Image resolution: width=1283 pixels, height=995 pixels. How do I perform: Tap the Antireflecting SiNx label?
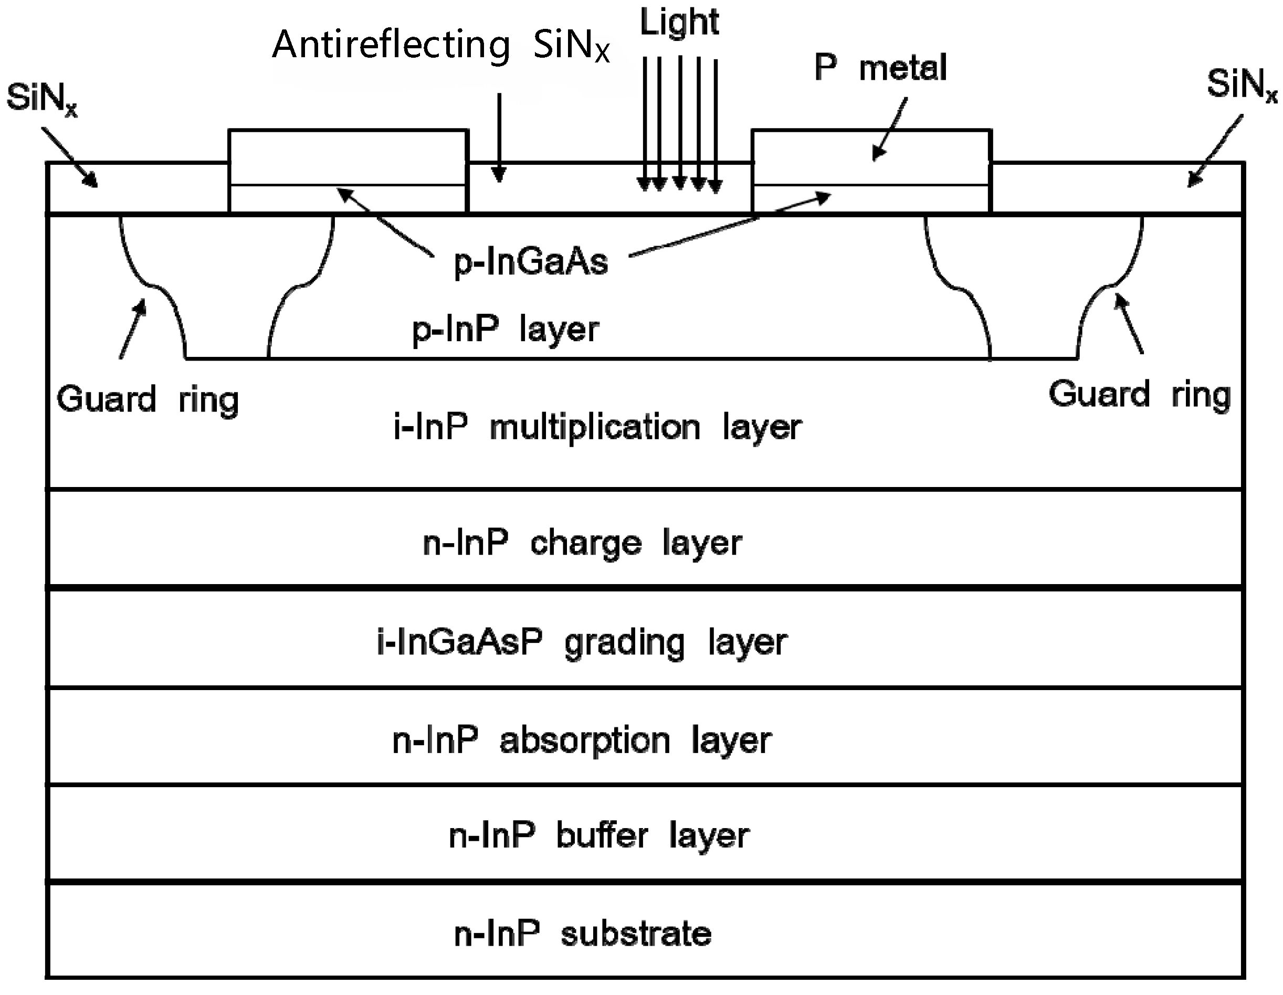(x=440, y=45)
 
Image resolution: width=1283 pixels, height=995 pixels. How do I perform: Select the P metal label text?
(x=880, y=68)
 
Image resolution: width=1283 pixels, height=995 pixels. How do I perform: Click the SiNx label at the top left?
(x=41, y=99)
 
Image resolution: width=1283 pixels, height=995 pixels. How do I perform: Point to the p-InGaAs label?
(x=530, y=262)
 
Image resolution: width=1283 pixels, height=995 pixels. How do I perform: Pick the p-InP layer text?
(x=505, y=329)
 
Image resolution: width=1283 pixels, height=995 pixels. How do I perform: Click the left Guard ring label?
(x=148, y=400)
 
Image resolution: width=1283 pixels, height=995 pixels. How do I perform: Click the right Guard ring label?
(x=1139, y=395)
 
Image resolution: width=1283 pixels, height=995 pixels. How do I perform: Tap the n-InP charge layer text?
(x=582, y=543)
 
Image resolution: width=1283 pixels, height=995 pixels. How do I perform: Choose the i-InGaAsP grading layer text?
(x=582, y=642)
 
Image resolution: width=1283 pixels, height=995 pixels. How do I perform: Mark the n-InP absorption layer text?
(x=582, y=740)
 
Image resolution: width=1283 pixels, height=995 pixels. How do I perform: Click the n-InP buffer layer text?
(x=598, y=836)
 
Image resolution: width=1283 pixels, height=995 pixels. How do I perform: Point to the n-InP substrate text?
(x=582, y=934)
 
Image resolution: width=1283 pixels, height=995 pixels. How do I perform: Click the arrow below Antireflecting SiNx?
(x=499, y=138)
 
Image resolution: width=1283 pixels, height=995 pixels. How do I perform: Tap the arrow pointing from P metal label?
(x=890, y=129)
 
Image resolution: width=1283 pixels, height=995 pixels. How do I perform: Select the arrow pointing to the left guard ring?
(x=132, y=329)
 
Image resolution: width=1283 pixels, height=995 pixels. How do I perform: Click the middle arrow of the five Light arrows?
(x=680, y=123)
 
